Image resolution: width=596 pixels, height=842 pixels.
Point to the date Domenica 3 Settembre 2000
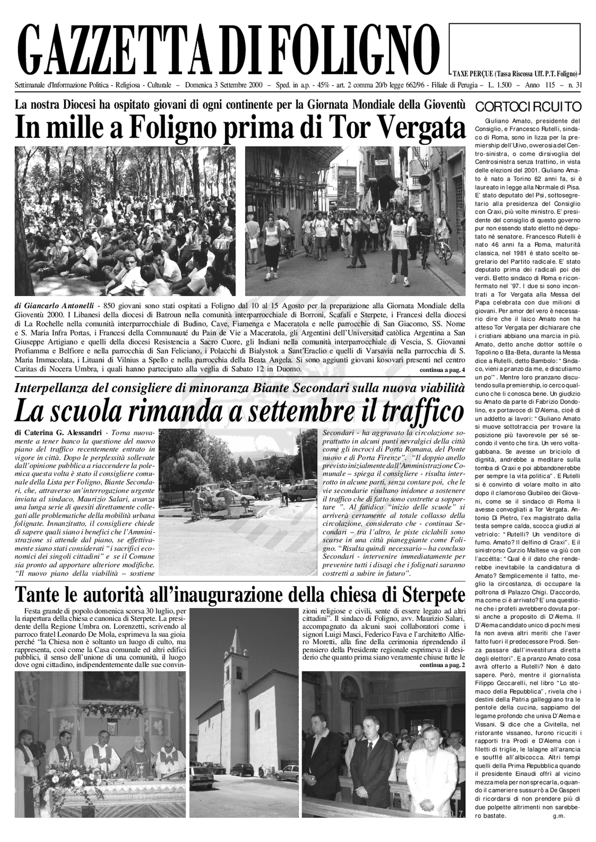(x=224, y=85)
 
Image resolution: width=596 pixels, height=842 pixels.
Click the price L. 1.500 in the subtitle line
(x=500, y=85)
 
